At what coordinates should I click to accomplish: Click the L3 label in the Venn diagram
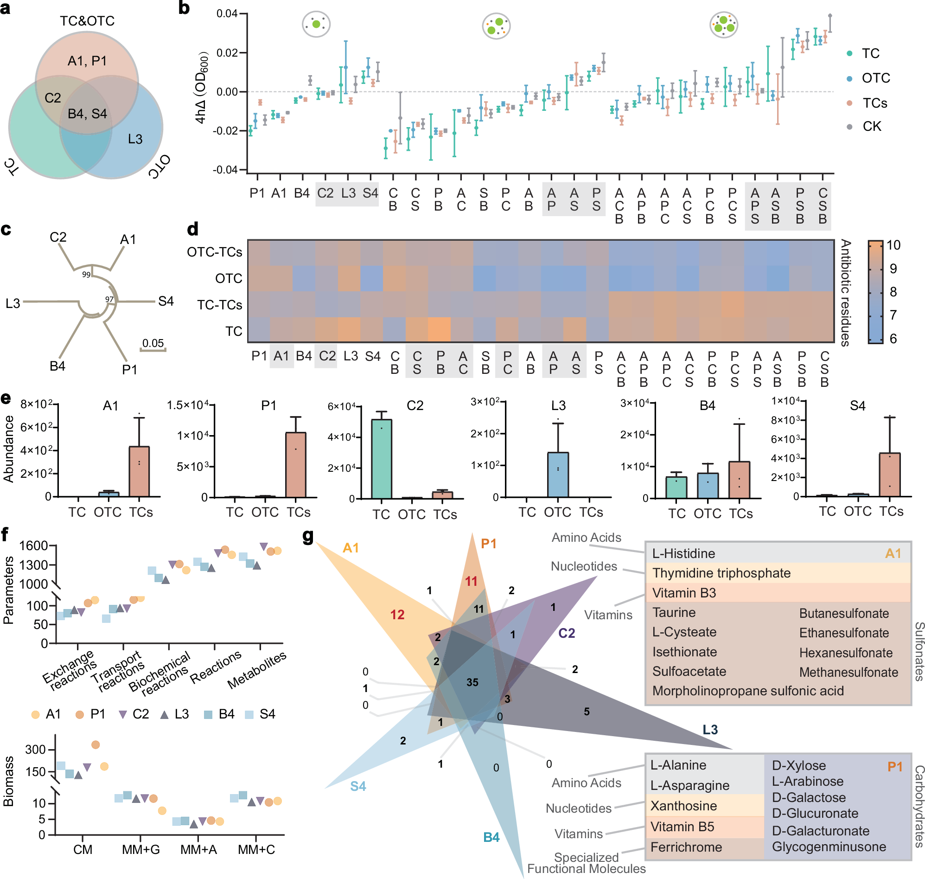click(x=135, y=139)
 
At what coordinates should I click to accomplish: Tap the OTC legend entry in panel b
click(x=875, y=78)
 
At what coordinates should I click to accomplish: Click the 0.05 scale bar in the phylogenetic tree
click(x=153, y=350)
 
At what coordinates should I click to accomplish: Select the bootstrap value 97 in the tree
click(x=109, y=299)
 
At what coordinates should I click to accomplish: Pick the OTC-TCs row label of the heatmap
click(x=215, y=252)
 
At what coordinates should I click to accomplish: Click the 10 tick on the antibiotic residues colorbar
click(x=893, y=245)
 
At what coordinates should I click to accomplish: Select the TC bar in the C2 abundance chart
click(x=381, y=459)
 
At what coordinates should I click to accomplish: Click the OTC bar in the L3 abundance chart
click(x=557, y=475)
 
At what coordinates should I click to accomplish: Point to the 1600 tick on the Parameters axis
click(x=34, y=545)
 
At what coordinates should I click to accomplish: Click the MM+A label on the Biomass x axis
click(x=198, y=849)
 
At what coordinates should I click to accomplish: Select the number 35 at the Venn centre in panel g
click(x=472, y=682)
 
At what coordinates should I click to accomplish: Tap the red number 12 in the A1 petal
click(x=397, y=615)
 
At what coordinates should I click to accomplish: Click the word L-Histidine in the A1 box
click(x=683, y=553)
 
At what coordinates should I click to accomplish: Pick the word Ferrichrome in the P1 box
click(x=686, y=847)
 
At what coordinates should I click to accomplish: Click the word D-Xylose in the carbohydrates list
click(x=798, y=766)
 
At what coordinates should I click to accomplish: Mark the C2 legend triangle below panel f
click(x=123, y=714)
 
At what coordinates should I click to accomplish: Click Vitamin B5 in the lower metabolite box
click(x=682, y=827)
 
